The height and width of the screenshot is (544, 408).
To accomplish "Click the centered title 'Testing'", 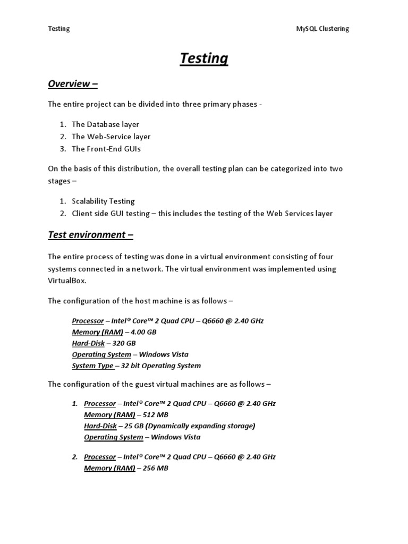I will pyautogui.click(x=204, y=58).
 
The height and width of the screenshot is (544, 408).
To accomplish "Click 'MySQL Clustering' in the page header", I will pyautogui.click(x=322, y=29).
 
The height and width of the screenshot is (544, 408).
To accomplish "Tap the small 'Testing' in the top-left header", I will pyautogui.click(x=58, y=29).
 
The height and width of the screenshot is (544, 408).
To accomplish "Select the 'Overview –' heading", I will pyautogui.click(x=73, y=83).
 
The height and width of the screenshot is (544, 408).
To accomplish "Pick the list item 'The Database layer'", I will pyautogui.click(x=105, y=124).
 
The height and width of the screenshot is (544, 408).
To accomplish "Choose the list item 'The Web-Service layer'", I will pyautogui.click(x=111, y=137).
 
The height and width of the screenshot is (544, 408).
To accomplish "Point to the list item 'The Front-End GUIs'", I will pyautogui.click(x=106, y=149).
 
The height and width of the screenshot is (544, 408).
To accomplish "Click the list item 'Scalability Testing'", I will pyautogui.click(x=103, y=201).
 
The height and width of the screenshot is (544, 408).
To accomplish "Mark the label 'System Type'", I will pyautogui.click(x=92, y=365).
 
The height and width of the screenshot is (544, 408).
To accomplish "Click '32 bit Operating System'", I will pyautogui.click(x=161, y=365).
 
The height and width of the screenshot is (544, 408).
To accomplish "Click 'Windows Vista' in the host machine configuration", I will pyautogui.click(x=166, y=354).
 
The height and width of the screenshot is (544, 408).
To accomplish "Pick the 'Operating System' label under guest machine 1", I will pyautogui.click(x=113, y=437).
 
